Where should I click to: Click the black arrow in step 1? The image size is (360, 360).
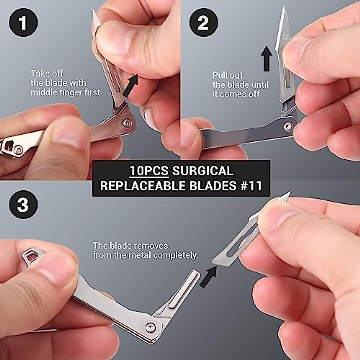click(x=131, y=85)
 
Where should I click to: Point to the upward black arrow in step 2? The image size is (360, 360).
click(x=266, y=58)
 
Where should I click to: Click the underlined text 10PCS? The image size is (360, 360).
click(x=149, y=171)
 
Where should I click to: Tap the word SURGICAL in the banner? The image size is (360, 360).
click(x=203, y=171)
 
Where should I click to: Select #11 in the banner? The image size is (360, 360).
click(x=251, y=186)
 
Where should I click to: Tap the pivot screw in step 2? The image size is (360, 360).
click(x=288, y=126)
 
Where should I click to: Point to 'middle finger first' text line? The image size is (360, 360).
click(x=65, y=92)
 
